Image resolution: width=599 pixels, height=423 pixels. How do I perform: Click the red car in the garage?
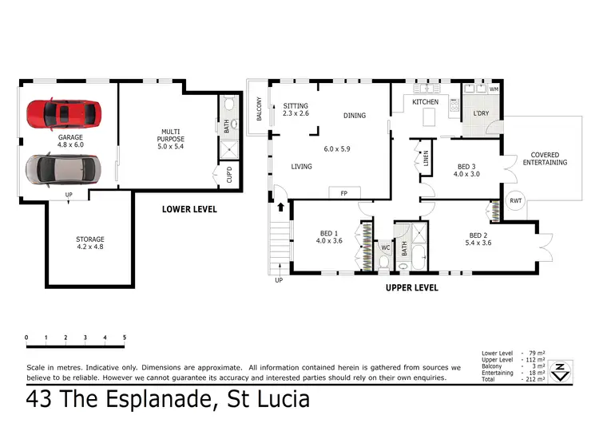[x=65, y=113]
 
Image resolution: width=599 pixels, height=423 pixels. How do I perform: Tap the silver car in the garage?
[x=64, y=169]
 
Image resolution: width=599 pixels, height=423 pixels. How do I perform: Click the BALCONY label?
[x=259, y=109]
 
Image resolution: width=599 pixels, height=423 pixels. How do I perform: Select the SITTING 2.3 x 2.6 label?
[x=295, y=110]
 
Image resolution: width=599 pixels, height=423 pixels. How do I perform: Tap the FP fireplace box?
[x=345, y=192]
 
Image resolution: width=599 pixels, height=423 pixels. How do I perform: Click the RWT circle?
[x=515, y=200]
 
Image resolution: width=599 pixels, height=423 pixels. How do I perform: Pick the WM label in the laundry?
[x=494, y=88]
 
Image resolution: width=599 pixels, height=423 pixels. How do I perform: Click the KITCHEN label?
[x=426, y=103]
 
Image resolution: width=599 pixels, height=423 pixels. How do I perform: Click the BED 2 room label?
[x=480, y=239]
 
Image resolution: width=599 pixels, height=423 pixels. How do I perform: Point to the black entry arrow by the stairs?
[x=280, y=207]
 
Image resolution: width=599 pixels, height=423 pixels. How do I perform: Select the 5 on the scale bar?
[x=124, y=338]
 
